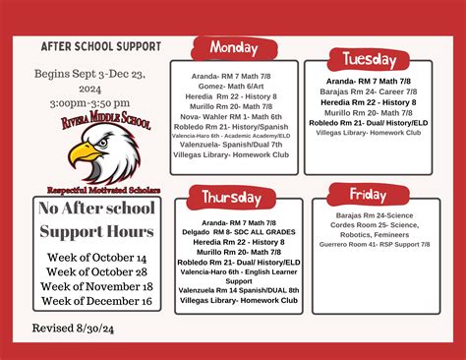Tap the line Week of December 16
click(95, 300)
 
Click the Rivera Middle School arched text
click(95, 122)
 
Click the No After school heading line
click(95, 209)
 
